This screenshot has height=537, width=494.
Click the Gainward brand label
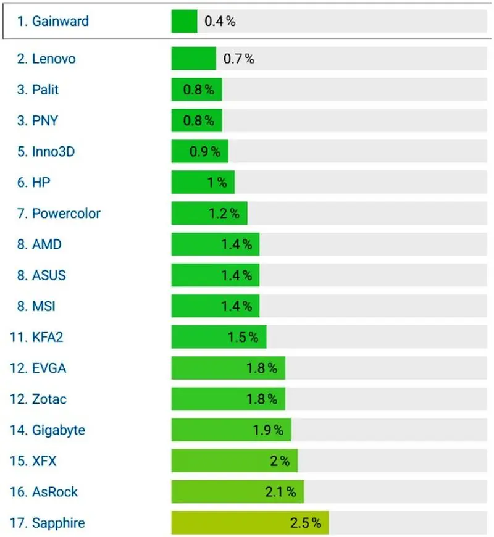coord(52,22)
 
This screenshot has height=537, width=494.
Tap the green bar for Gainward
coord(184,22)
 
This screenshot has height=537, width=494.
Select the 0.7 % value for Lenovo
coord(238,59)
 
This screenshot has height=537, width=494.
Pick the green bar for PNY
coord(196,121)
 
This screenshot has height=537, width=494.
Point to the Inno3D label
coord(46,152)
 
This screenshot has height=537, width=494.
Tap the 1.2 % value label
coord(224,214)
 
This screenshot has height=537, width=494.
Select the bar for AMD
coord(215,244)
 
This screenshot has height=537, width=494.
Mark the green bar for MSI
coord(215,306)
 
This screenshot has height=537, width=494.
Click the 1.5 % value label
coord(243,338)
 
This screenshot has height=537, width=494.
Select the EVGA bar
coord(228,368)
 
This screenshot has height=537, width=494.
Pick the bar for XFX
coord(235,461)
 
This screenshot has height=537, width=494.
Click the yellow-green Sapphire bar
coord(250,523)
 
